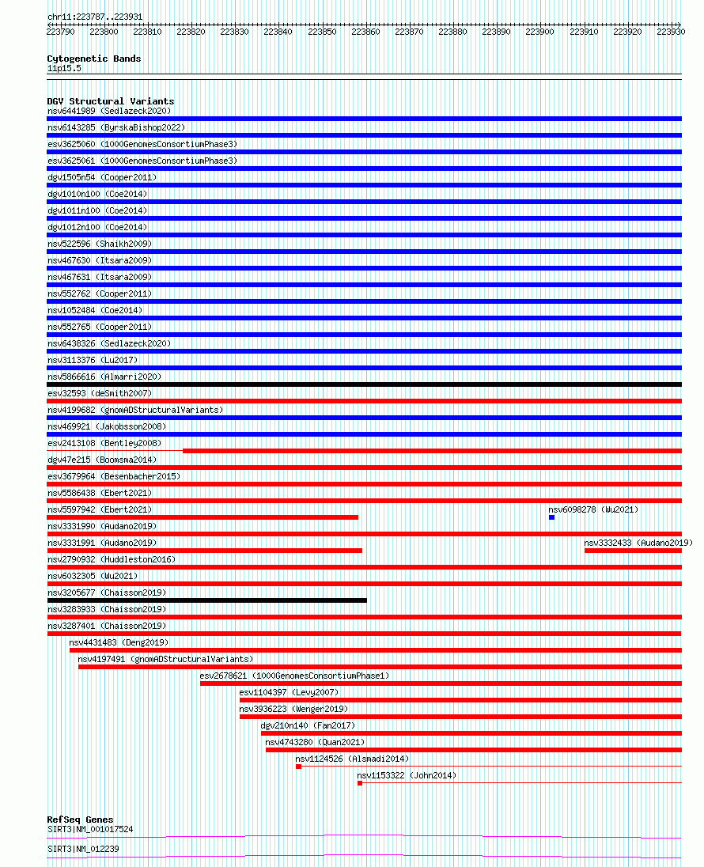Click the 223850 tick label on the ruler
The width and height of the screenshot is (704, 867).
pyautogui.click(x=322, y=32)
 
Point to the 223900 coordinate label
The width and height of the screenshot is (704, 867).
pyautogui.click(x=539, y=32)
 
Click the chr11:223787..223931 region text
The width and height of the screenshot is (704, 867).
pyautogui.click(x=95, y=17)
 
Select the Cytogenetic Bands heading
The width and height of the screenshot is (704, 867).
pyautogui.click(x=94, y=59)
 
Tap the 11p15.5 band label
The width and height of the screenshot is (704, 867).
pyautogui.click(x=64, y=69)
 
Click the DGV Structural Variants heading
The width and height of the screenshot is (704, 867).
pyautogui.click(x=111, y=101)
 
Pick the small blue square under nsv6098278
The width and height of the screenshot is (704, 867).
pyautogui.click(x=551, y=517)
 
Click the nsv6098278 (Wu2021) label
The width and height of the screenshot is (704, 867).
pyautogui.click(x=592, y=509)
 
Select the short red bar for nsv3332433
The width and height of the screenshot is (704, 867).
pyautogui.click(x=633, y=551)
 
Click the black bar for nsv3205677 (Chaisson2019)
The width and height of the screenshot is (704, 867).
pyautogui.click(x=206, y=600)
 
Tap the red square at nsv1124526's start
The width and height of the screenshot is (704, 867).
pyautogui.click(x=299, y=767)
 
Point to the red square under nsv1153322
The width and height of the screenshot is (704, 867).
pyautogui.click(x=360, y=783)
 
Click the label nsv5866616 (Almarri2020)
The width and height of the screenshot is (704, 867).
pyautogui.click(x=104, y=377)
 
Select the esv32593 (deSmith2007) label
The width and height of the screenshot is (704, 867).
pyautogui.click(x=100, y=394)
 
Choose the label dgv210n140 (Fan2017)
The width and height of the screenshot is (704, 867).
pyautogui.click(x=308, y=725)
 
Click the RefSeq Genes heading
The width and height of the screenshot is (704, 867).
pyautogui.click(x=80, y=820)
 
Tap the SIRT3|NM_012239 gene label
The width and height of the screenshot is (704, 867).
pyautogui.click(x=83, y=849)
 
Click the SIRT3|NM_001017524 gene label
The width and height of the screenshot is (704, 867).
pyautogui.click(x=90, y=829)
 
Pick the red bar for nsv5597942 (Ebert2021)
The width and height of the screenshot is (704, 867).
pyautogui.click(x=202, y=517)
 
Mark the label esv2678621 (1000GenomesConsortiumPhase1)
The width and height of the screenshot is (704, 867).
pyautogui.click(x=294, y=676)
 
